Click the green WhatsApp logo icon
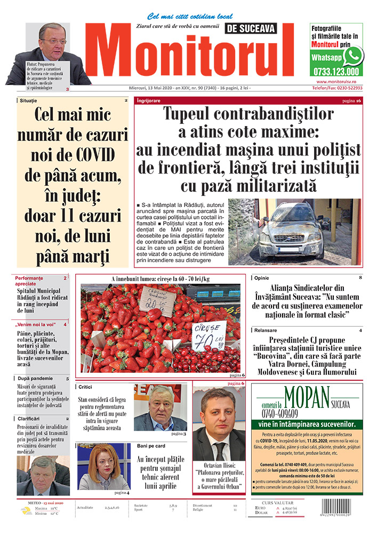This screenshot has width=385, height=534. [352, 56]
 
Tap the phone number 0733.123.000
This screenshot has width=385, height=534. [336, 72]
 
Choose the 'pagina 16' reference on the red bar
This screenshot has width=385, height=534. [351, 101]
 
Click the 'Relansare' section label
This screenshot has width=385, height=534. [266, 331]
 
